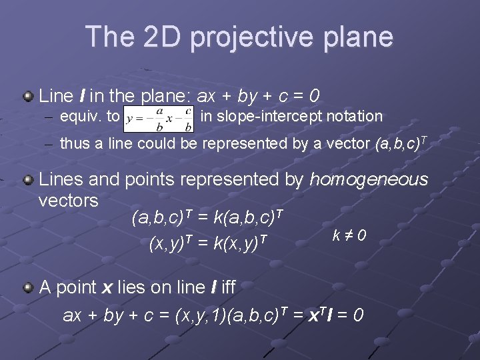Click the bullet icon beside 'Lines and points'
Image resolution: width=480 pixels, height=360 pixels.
pyautogui.click(x=28, y=179)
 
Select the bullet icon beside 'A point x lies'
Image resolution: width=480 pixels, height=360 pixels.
pyautogui.click(x=28, y=287)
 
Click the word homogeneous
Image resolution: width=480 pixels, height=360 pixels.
pyautogui.click(x=369, y=179)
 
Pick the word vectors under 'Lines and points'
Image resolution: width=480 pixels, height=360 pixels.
pyautogui.click(x=69, y=200)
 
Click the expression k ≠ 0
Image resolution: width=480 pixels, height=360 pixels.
pyautogui.click(x=349, y=235)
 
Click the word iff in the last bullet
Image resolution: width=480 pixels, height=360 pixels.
pyautogui.click(x=227, y=287)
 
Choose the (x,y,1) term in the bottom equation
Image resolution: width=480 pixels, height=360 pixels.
pyautogui.click(x=200, y=315)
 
